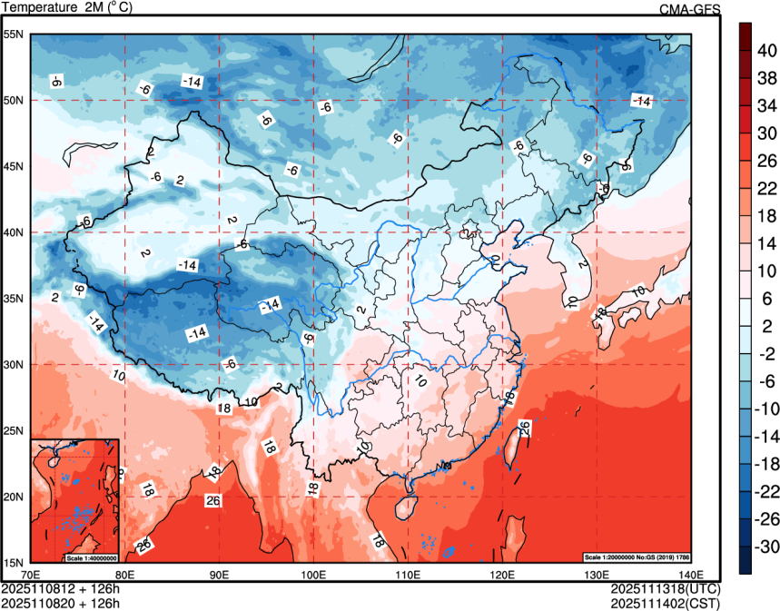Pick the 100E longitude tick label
click(x=313, y=575)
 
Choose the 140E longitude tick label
click(x=690, y=575)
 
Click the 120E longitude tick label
click(x=502, y=575)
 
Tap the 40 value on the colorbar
click(x=767, y=51)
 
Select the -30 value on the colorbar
click(x=767, y=547)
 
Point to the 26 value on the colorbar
click(x=767, y=161)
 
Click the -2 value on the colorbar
click(x=767, y=354)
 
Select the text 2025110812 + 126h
click(x=62, y=587)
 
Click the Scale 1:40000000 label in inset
click(x=91, y=557)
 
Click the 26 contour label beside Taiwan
click(x=524, y=426)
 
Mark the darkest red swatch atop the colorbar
click(x=745, y=36)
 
